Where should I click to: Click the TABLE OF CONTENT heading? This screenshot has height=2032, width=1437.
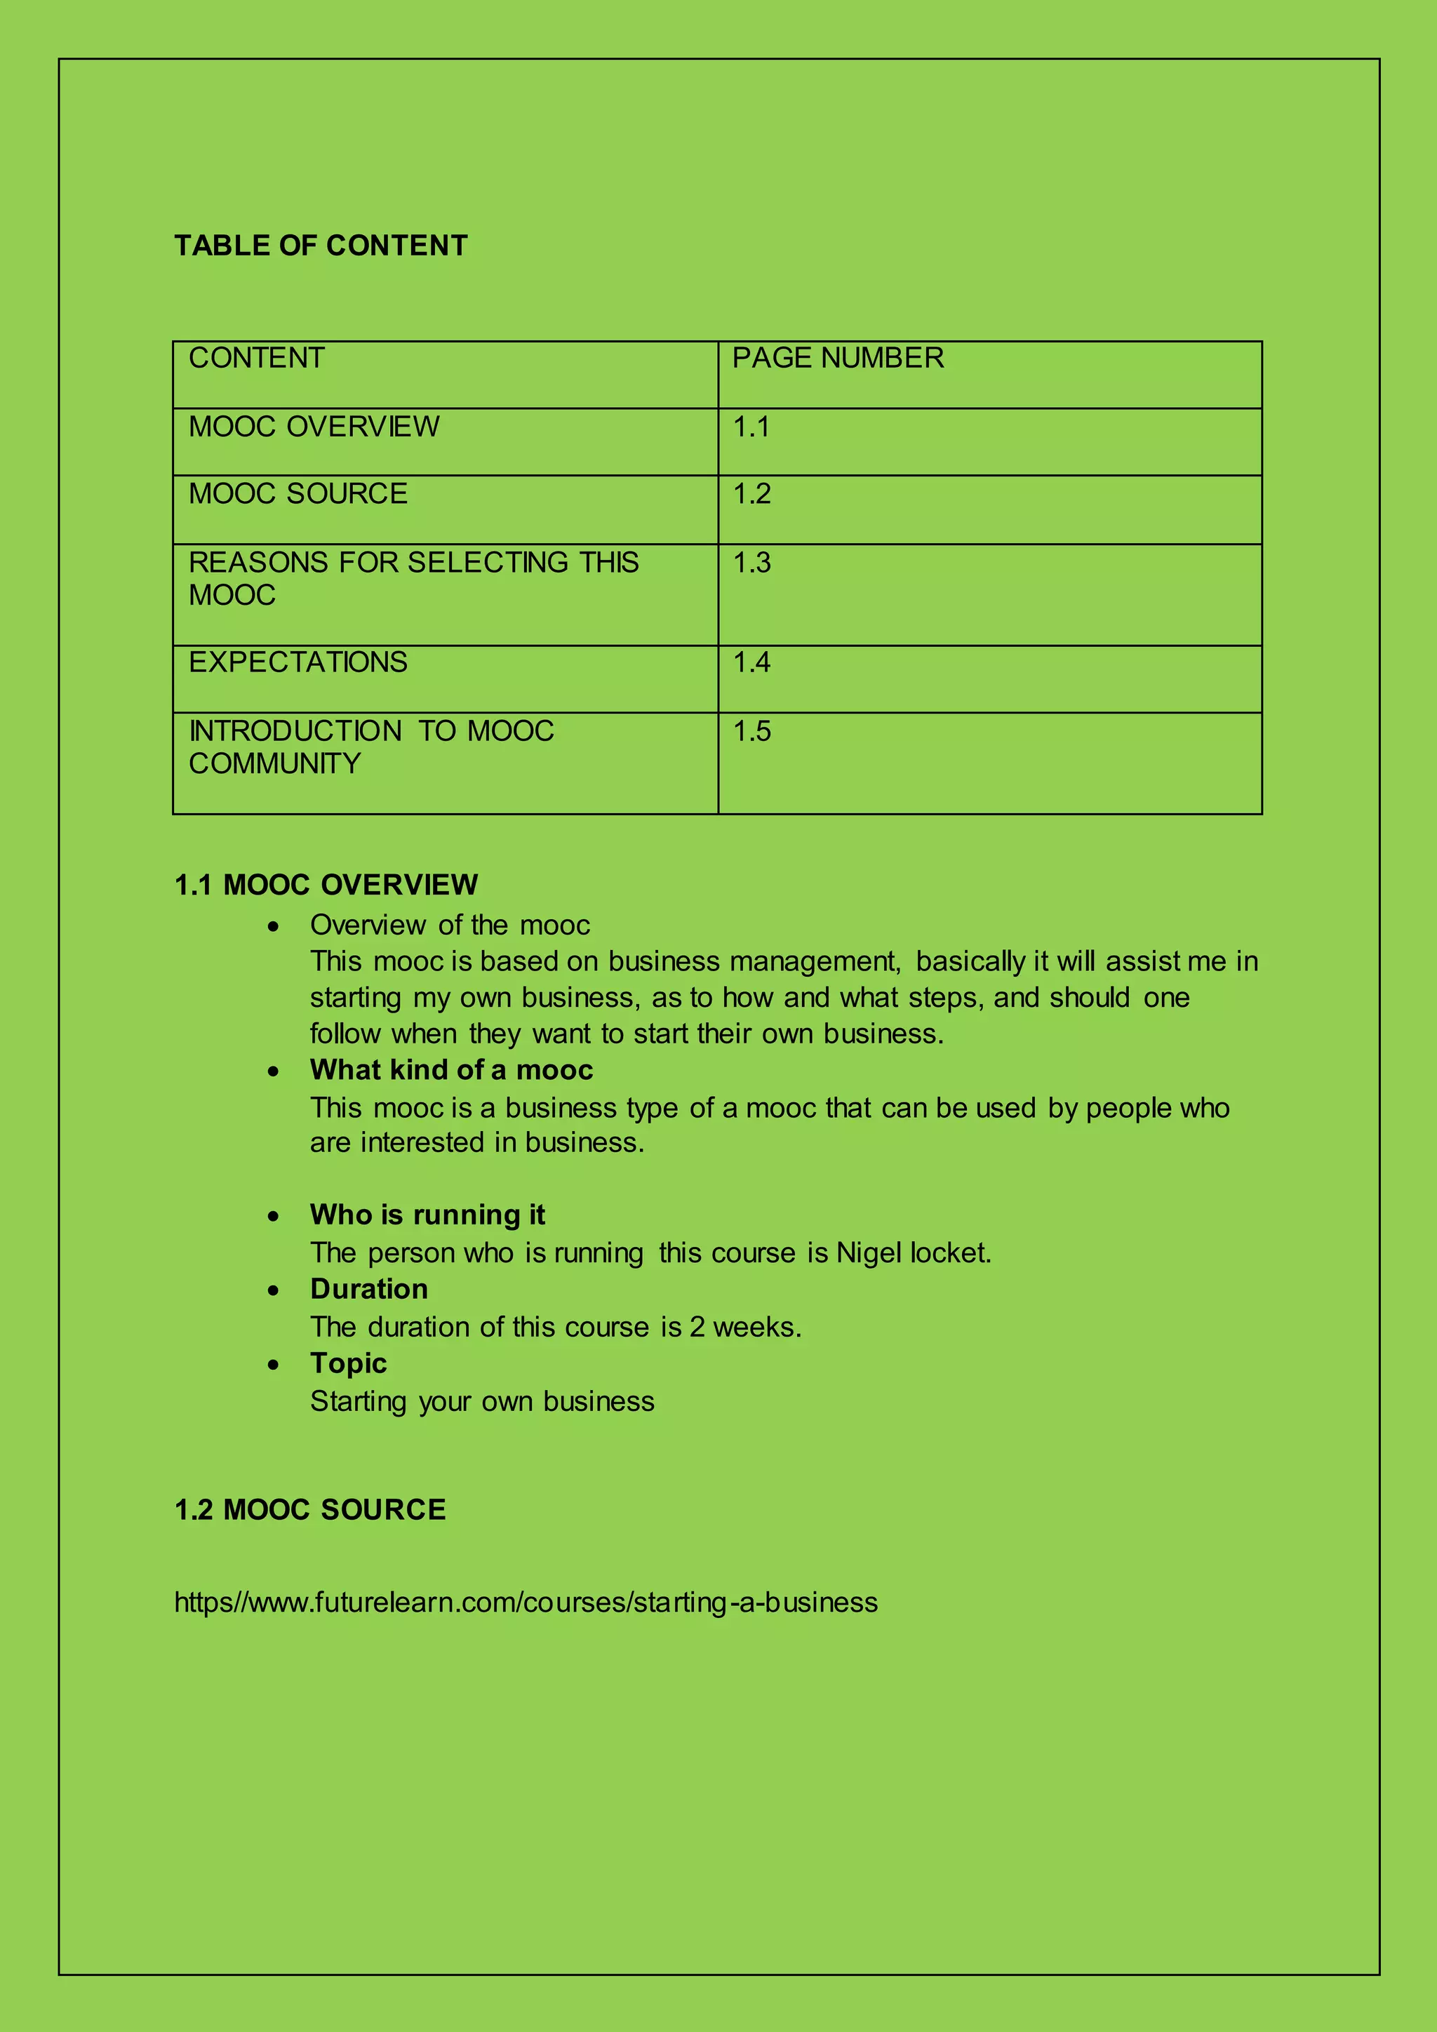(x=321, y=245)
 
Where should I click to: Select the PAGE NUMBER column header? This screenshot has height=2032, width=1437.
(x=837, y=358)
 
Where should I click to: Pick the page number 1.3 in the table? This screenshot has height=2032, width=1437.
(x=751, y=563)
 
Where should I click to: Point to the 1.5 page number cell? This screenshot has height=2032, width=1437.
(x=751, y=731)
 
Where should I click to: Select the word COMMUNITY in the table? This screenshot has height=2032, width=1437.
(x=274, y=763)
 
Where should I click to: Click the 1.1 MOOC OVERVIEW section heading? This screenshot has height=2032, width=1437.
(x=326, y=884)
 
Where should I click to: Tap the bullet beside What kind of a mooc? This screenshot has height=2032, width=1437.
(x=274, y=1071)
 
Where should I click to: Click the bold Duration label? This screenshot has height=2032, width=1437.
(x=369, y=1288)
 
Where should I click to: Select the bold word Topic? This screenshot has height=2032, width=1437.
(x=349, y=1363)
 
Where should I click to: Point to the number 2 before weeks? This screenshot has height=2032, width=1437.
(x=697, y=1327)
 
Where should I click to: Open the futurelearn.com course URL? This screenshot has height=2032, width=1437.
(x=526, y=1602)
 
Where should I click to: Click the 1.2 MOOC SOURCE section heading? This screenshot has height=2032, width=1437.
(x=309, y=1509)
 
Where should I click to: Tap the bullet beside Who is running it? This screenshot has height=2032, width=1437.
(x=274, y=1217)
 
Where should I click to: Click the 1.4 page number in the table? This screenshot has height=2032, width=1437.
(x=751, y=662)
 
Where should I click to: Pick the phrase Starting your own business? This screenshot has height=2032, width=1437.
(x=482, y=1401)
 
